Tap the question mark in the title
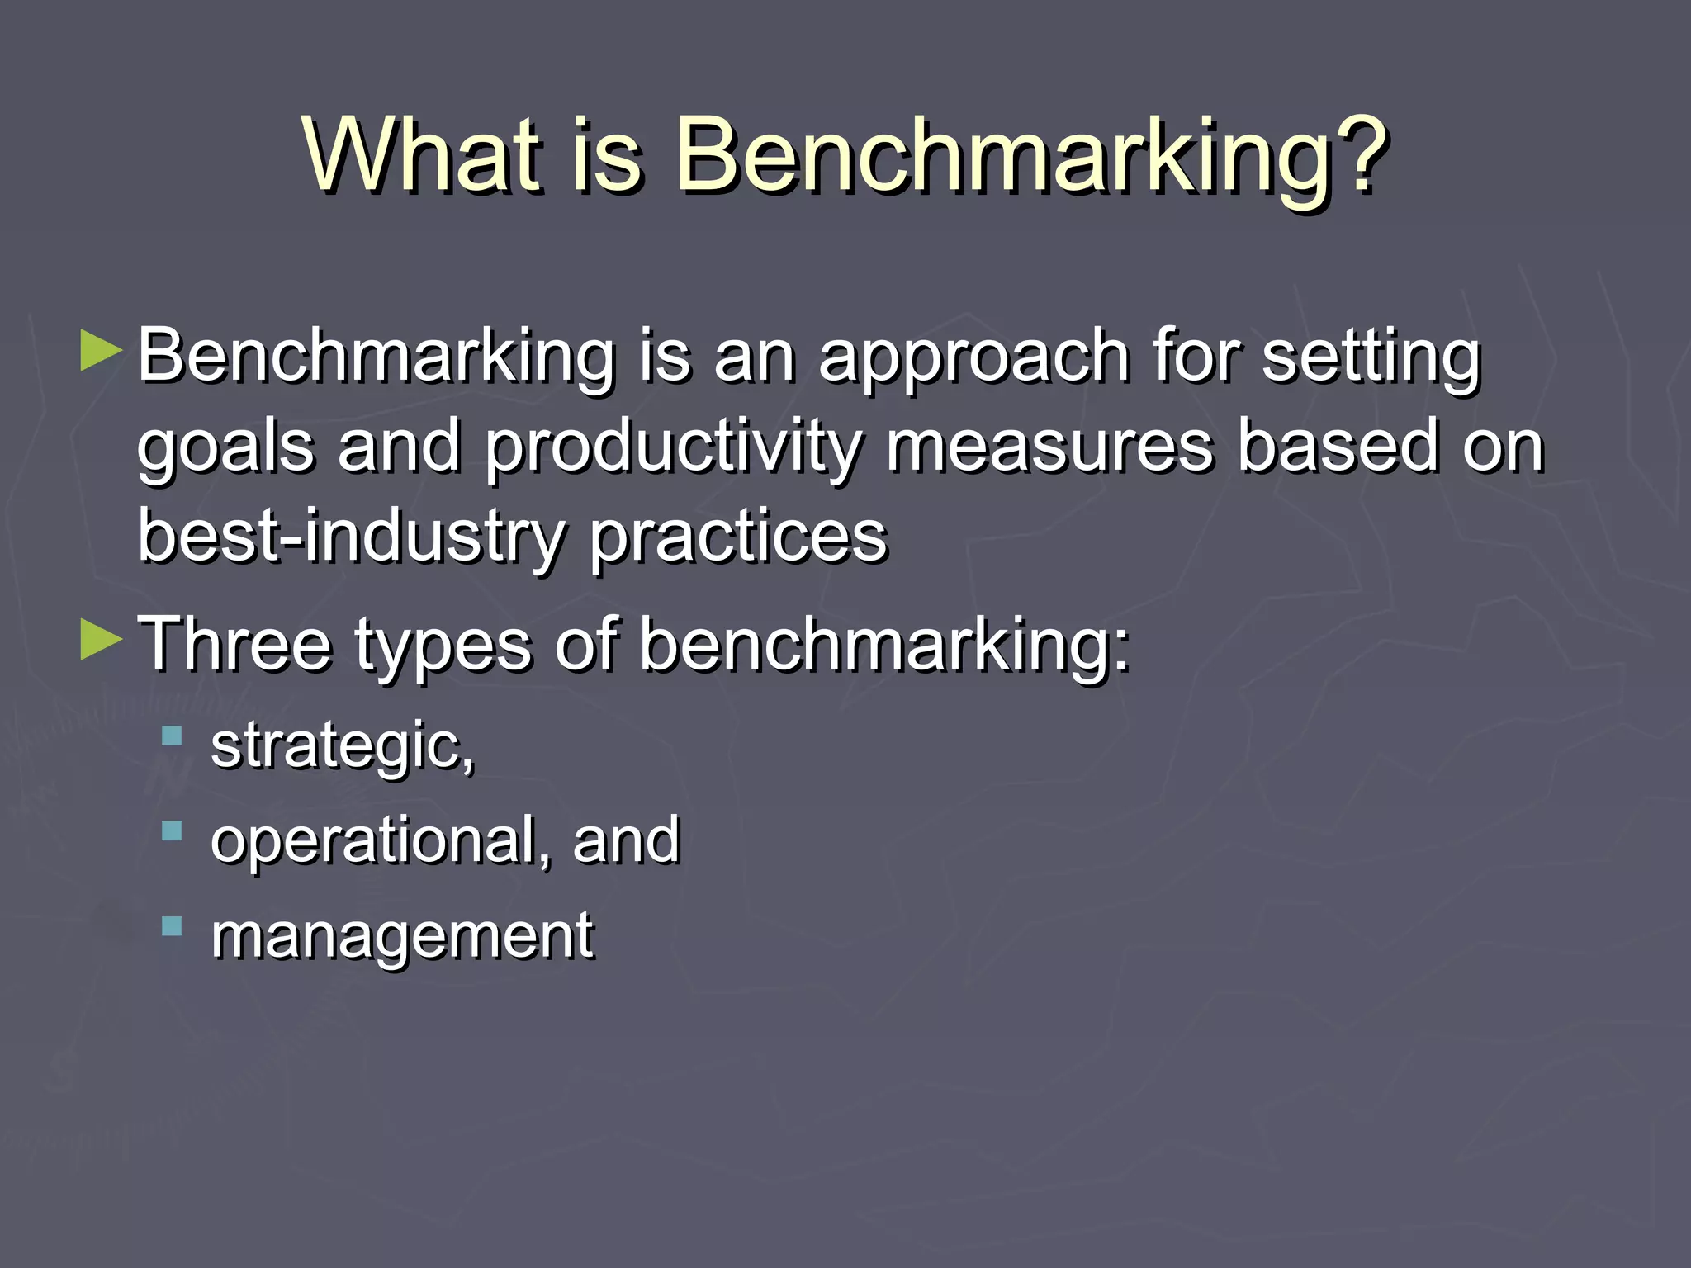tap(1355, 154)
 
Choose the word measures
tap(1049, 446)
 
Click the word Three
tap(234, 644)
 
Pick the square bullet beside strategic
tap(172, 736)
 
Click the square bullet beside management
tap(172, 926)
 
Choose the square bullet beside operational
tap(172, 830)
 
